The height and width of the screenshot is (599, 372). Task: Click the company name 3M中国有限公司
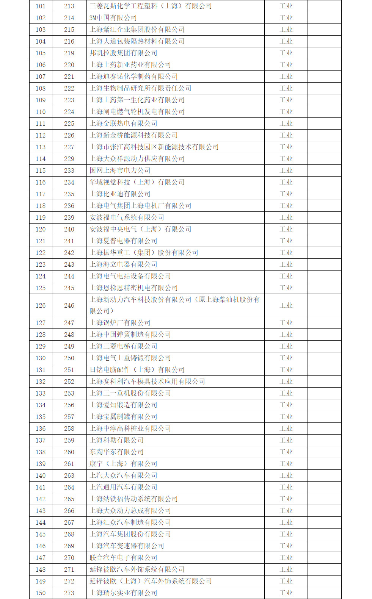point(113,18)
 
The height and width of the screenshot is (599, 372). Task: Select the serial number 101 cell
point(41,6)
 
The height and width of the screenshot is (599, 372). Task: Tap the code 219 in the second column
point(69,53)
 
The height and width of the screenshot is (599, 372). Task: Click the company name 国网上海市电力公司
point(120,170)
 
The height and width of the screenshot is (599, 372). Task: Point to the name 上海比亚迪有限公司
point(120,194)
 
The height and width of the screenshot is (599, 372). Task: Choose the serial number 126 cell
point(41,305)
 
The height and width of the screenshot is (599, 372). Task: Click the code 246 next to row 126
point(69,305)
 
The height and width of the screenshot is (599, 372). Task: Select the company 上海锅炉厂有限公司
point(120,323)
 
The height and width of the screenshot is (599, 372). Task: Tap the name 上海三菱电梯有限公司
point(123,346)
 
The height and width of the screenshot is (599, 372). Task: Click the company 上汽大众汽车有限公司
point(123,475)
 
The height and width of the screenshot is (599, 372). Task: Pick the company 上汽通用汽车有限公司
point(123,487)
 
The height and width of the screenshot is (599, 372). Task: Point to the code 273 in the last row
point(69,593)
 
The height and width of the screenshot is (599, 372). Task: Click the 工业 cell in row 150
point(286,593)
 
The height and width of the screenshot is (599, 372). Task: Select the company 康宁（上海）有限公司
point(123,464)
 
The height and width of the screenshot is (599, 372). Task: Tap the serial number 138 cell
point(41,452)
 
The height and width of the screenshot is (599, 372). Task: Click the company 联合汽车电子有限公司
point(123,558)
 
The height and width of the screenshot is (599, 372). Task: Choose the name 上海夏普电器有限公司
point(123,241)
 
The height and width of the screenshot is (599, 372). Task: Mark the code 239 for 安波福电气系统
point(69,217)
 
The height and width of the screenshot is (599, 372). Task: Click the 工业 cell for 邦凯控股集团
point(286,53)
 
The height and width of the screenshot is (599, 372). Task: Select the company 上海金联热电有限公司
point(123,124)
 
